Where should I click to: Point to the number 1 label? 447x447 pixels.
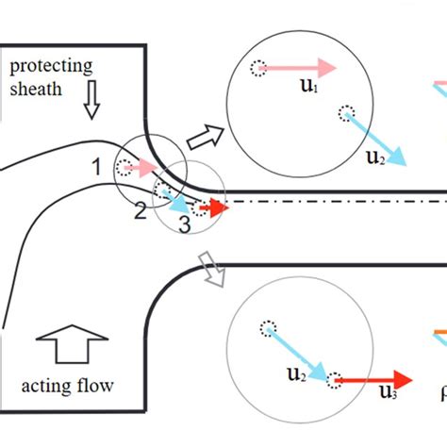(96, 168)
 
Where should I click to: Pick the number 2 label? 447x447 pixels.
(140, 210)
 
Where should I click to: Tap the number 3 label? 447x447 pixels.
(184, 225)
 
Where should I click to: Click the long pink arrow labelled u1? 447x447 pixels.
(300, 68)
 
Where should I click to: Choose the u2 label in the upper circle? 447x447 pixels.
(374, 157)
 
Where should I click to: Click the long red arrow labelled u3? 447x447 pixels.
(372, 379)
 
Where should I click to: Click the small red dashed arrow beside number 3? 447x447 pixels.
(214, 207)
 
